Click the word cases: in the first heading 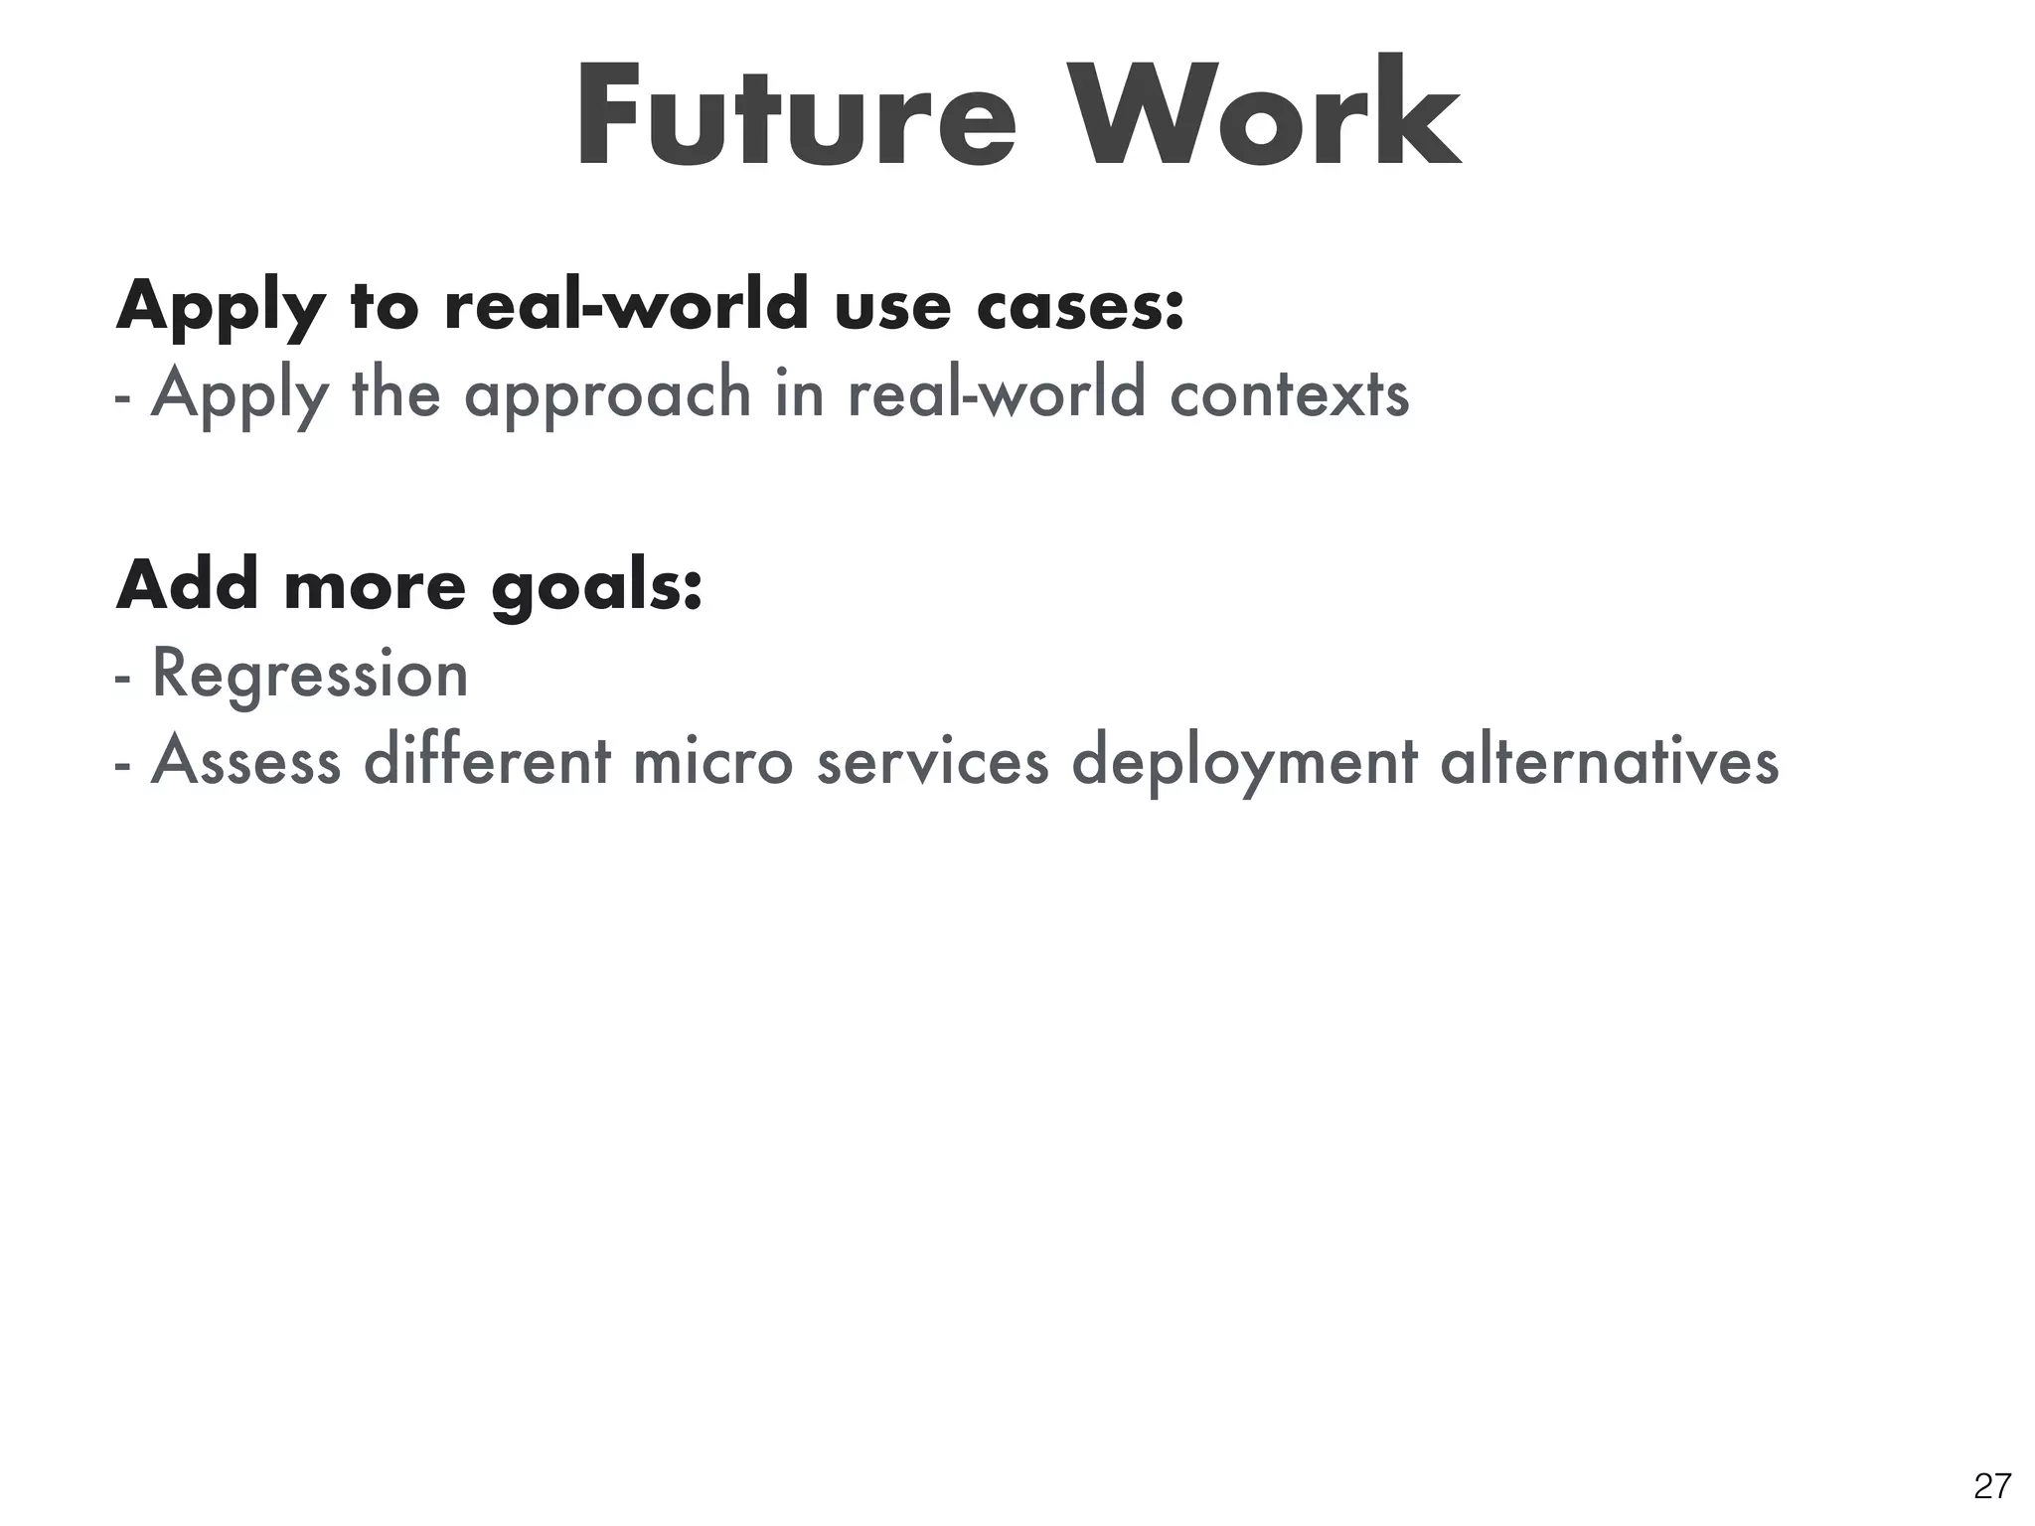coord(1080,306)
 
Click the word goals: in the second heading coord(597,587)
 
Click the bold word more coord(375,586)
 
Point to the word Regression coord(309,675)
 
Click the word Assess coord(245,761)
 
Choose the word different coord(487,761)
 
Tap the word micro coord(712,761)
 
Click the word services coord(932,761)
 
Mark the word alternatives coord(1609,761)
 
